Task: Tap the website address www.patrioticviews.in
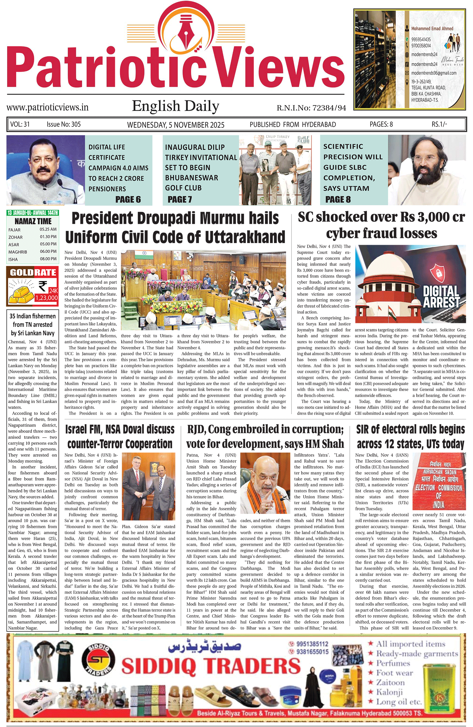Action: (47, 107)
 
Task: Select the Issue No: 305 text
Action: (64, 124)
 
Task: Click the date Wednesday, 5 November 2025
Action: (176, 125)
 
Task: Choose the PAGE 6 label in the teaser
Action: (128, 199)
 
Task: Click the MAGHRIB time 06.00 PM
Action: (48, 251)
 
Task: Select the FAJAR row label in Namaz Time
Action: (14, 230)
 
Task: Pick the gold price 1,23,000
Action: (46, 298)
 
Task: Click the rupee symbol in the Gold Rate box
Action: (43, 286)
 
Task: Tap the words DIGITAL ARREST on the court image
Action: (441, 296)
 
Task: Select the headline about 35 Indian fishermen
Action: (33, 325)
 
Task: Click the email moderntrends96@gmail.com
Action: (434, 73)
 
